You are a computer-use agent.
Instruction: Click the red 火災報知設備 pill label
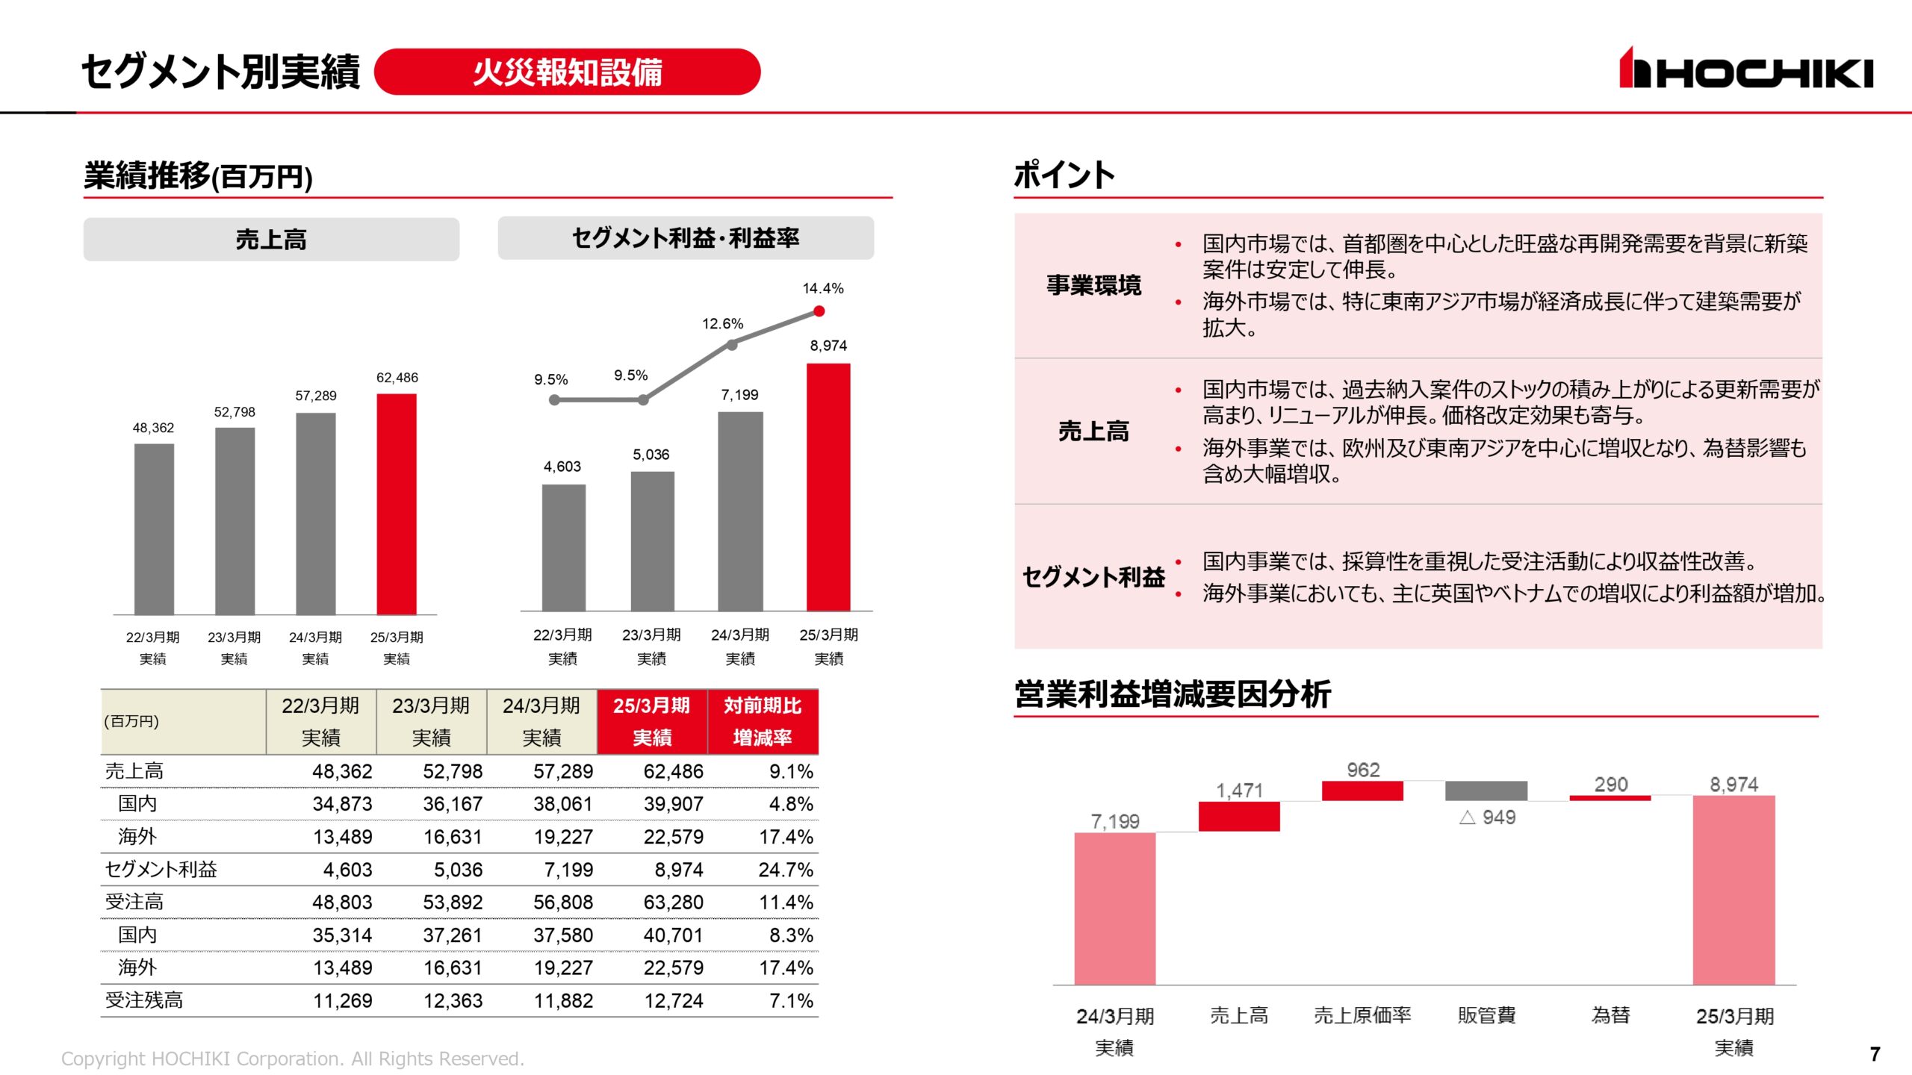pos(567,72)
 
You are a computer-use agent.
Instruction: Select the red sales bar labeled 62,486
pos(397,504)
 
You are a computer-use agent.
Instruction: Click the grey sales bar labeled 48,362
pos(154,529)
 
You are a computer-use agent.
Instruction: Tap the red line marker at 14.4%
pos(819,311)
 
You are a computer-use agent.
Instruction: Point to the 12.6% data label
pos(722,324)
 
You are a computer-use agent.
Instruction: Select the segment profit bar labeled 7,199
pos(740,511)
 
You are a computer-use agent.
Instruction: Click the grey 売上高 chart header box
pos(271,240)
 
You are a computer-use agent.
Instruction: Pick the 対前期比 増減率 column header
pos(763,721)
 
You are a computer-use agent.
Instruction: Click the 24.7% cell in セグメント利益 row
pos(786,870)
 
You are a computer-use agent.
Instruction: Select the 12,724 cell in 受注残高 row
pos(674,1000)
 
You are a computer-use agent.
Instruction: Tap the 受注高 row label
pos(134,902)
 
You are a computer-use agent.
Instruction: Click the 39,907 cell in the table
pos(674,804)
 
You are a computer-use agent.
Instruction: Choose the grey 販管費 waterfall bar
pos(1486,791)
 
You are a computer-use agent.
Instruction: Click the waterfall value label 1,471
pos(1239,791)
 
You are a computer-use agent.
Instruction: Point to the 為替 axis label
pos(1610,1015)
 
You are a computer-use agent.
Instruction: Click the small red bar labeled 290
pos(1610,798)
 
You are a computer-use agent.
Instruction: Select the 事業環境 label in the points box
pos(1093,285)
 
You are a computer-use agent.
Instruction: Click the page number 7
pos(1875,1054)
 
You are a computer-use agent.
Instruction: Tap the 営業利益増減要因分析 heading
pos(1172,694)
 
